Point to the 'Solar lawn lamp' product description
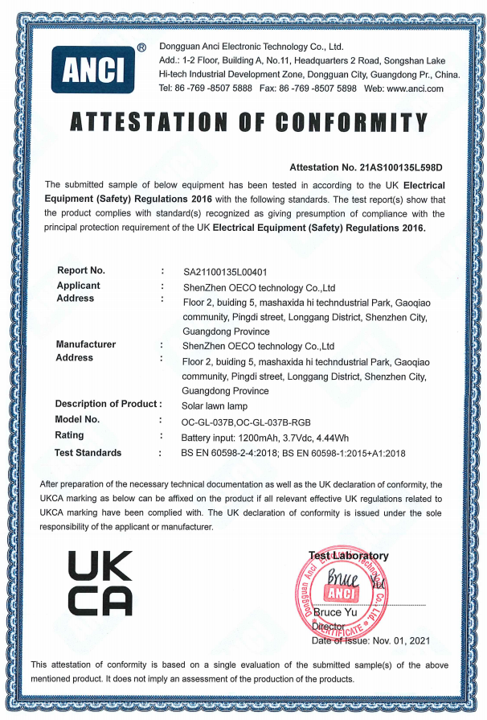pyautogui.click(x=214, y=405)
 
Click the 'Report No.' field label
pyautogui.click(x=81, y=270)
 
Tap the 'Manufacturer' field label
pyautogui.click(x=86, y=344)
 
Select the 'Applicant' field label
pyautogui.click(x=79, y=286)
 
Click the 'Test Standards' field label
pyautogui.click(x=88, y=453)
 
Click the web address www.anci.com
pyautogui.click(x=415, y=88)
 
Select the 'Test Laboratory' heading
pyautogui.click(x=349, y=555)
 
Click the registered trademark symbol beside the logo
pyautogui.click(x=141, y=48)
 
